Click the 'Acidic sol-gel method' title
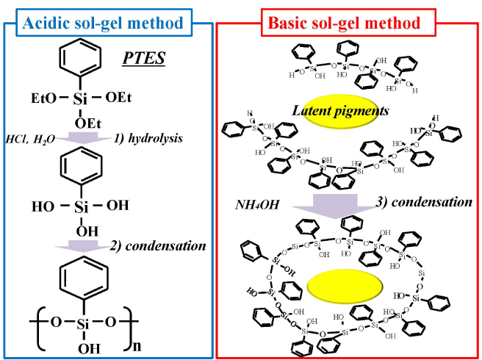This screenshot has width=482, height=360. (x=104, y=24)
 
